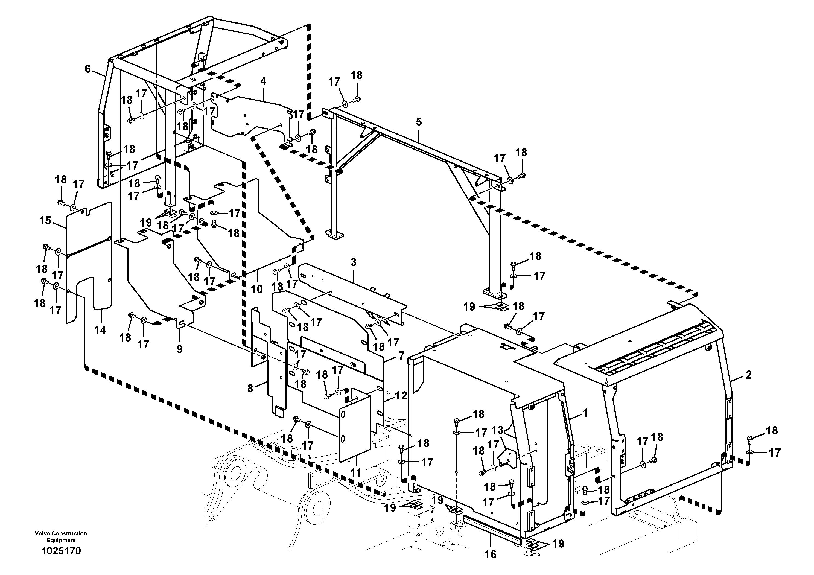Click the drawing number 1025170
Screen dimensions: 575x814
[61, 551]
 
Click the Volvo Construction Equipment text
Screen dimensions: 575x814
[61, 537]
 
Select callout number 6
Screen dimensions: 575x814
[87, 69]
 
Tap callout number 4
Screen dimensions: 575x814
[263, 81]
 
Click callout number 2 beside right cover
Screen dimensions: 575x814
[748, 375]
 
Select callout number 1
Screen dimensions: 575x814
[585, 413]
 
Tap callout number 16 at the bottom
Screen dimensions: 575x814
[490, 554]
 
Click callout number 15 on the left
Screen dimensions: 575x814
[45, 221]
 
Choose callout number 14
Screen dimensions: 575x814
[100, 330]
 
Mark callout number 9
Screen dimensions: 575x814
[180, 349]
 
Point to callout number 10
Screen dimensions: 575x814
[257, 289]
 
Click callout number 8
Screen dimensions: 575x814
[250, 388]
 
